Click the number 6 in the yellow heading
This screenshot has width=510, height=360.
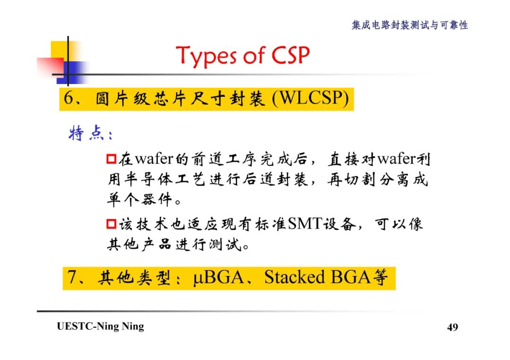(69, 100)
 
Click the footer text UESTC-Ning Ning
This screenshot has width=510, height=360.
(100, 327)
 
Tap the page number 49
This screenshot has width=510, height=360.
(452, 327)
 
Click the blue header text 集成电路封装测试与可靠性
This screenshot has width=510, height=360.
(409, 25)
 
